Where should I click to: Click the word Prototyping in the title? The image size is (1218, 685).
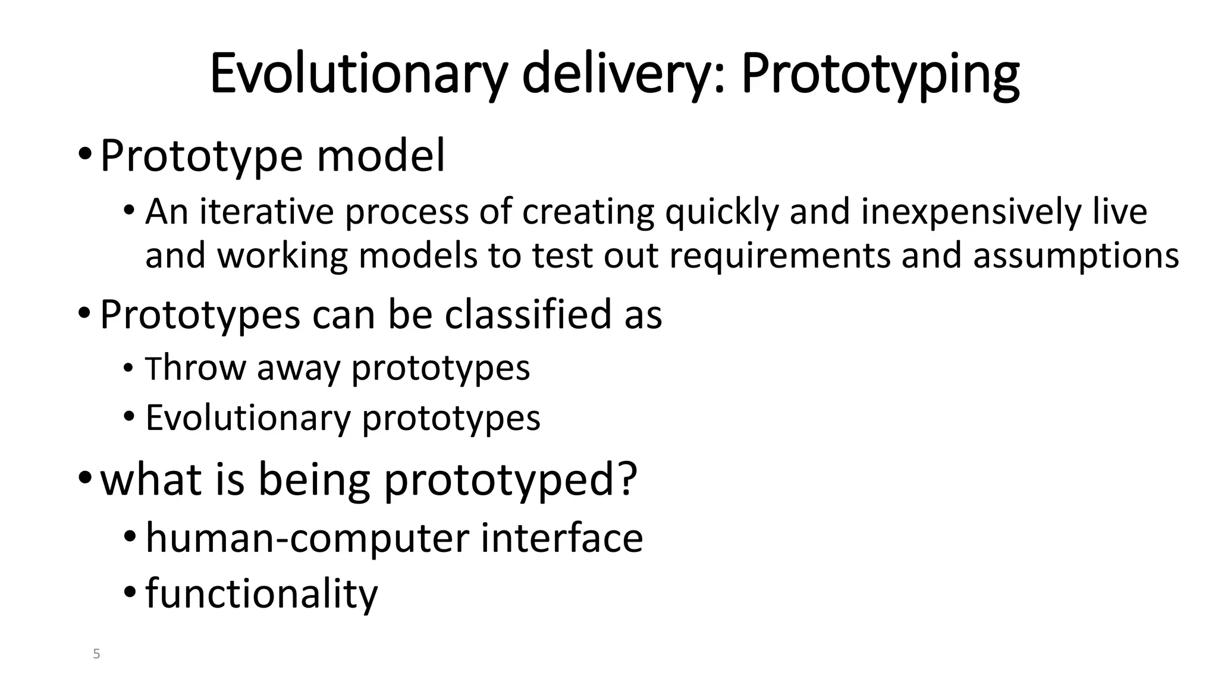[880, 76]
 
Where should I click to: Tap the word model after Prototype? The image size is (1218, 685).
[381, 156]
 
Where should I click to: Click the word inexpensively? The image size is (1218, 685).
[971, 213]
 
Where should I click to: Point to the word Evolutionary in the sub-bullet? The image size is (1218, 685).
[248, 418]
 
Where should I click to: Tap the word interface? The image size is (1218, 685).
[561, 538]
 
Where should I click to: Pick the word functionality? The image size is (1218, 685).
[261, 593]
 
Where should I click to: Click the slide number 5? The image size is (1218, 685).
[96, 655]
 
